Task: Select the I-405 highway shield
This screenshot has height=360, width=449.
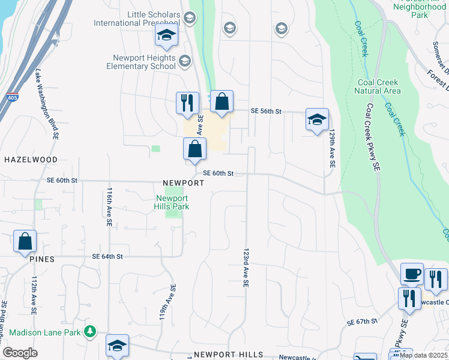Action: click(x=14, y=97)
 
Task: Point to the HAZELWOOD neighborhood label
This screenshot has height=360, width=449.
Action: click(x=31, y=160)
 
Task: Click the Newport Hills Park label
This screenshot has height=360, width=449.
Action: click(x=172, y=202)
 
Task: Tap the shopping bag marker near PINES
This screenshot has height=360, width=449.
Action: click(x=25, y=241)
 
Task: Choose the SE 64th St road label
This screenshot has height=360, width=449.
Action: click(x=107, y=256)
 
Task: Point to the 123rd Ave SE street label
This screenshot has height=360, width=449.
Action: click(x=246, y=267)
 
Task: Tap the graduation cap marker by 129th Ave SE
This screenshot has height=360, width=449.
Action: click(x=317, y=119)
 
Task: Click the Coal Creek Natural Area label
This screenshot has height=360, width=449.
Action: click(x=378, y=86)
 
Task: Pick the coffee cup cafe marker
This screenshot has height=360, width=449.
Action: click(x=412, y=274)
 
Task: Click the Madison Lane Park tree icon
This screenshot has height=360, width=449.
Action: click(x=90, y=331)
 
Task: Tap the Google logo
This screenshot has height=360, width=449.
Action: click(x=20, y=353)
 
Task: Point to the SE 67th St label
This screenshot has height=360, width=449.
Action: click(x=362, y=322)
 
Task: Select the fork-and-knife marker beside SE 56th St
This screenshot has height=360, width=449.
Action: click(x=187, y=103)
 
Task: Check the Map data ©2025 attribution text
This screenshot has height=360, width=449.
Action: click(x=424, y=355)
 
